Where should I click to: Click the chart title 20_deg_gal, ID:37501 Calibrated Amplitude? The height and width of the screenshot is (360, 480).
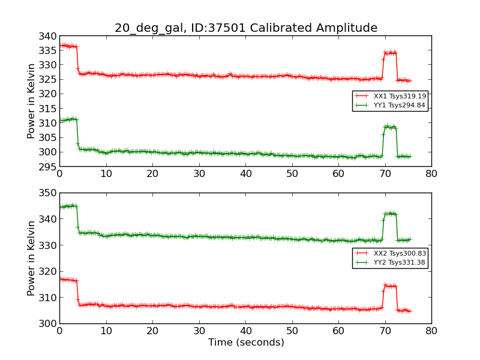coord(246,28)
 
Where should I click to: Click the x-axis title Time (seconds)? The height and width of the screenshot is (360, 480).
coord(246,343)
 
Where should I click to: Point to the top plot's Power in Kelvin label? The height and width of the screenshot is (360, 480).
coord(31,101)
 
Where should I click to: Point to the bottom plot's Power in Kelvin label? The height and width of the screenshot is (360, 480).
coord(31,258)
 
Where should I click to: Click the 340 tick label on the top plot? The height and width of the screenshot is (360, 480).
coord(49,36)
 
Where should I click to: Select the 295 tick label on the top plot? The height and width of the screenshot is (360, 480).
coord(49,166)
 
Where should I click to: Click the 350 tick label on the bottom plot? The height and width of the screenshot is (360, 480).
coord(49,193)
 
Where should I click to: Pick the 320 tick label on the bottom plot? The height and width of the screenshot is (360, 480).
coord(49,271)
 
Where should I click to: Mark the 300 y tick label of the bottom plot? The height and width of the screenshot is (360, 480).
coord(49,323)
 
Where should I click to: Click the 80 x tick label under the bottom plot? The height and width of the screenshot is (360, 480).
coord(431,331)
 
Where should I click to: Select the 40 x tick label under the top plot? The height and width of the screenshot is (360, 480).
coord(245,174)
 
